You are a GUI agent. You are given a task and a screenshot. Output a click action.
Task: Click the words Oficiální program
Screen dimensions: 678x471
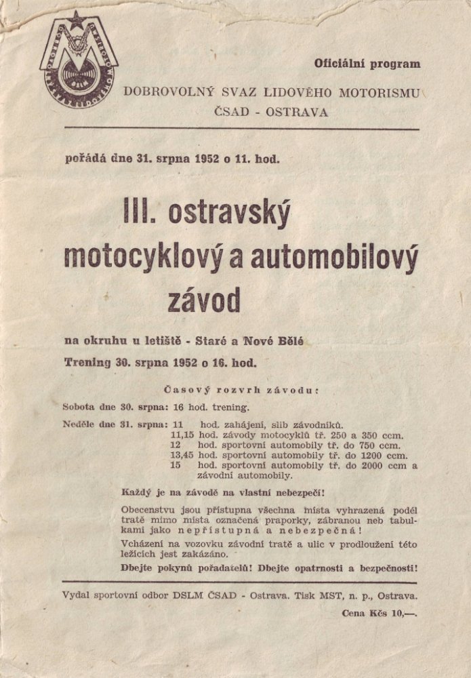[367, 64]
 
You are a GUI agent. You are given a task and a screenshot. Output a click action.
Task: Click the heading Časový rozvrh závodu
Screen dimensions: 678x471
[241, 391]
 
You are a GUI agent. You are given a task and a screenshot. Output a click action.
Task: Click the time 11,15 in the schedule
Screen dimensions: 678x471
[183, 435]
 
